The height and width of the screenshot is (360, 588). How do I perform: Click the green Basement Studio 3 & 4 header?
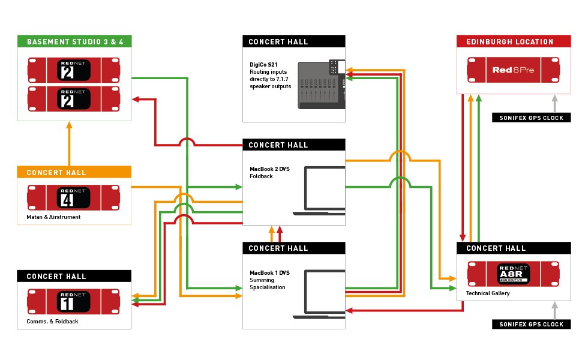[x=74, y=41]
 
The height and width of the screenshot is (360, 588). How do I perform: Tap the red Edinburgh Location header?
[x=513, y=41]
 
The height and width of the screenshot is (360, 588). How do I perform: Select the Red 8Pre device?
[x=513, y=70]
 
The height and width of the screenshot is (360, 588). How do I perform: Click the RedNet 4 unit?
[x=74, y=198]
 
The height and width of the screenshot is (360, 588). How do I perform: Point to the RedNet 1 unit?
[x=74, y=302]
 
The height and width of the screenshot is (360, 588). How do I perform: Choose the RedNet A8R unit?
[x=513, y=274]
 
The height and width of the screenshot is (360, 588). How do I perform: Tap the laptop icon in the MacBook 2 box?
[x=319, y=191]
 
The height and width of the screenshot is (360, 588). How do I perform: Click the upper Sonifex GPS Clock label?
[x=531, y=118]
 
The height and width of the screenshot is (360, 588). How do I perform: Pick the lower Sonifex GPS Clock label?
[x=531, y=324]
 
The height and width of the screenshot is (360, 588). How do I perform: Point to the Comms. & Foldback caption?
[x=52, y=322]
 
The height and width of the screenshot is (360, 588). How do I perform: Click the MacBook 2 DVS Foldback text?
[x=269, y=173]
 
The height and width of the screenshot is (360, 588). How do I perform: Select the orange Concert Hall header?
[x=74, y=172]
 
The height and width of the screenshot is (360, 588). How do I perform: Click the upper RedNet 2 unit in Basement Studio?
[x=74, y=70]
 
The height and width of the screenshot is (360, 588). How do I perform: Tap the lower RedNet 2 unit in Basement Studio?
[x=74, y=98]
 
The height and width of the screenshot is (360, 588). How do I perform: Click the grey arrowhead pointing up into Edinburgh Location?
[x=555, y=99]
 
